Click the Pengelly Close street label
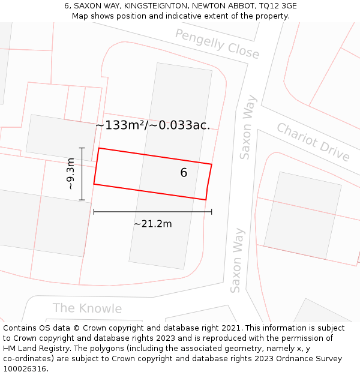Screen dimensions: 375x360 coord(217,44)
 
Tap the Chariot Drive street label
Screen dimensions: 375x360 coord(313,142)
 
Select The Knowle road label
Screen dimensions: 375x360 coord(87,308)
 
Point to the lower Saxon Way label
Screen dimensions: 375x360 coord(238,260)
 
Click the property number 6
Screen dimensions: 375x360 coord(184,173)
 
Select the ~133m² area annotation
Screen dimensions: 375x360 coord(153,125)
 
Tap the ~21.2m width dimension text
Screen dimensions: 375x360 coord(152,224)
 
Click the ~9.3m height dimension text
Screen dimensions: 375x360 coord(70,174)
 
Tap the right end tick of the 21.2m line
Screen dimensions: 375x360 coord(212,211)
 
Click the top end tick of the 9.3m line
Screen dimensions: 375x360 coord(82,148)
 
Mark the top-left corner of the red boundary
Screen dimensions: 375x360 coord(99,148)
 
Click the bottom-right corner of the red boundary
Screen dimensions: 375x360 coord(206,199)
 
